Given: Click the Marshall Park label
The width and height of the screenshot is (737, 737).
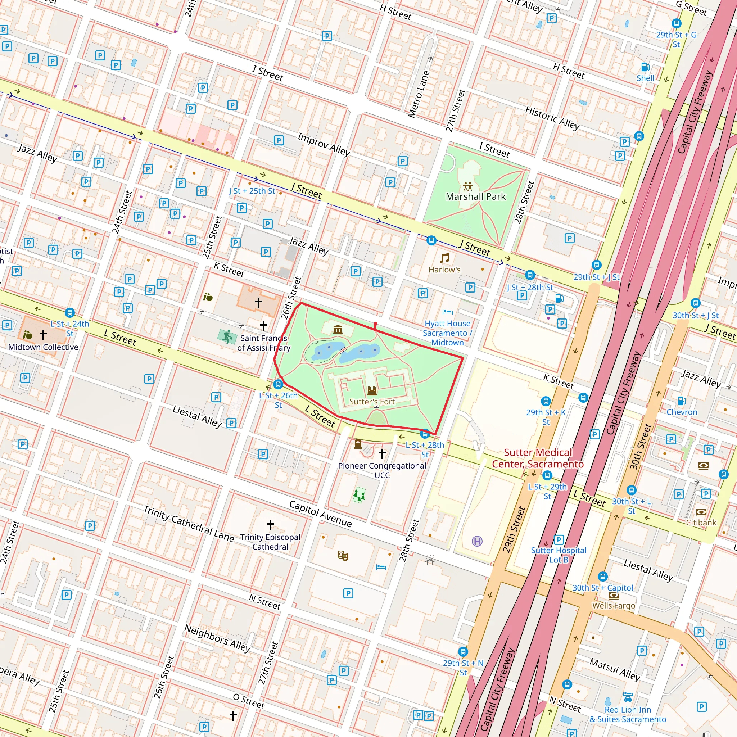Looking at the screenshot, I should [475, 196].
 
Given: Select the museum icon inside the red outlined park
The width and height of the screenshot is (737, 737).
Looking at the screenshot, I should [338, 329].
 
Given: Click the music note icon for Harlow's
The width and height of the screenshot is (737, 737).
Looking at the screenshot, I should [444, 258].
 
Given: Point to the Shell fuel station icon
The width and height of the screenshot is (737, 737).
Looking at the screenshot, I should [645, 67].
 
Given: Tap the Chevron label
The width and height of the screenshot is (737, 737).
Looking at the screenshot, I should [682, 412].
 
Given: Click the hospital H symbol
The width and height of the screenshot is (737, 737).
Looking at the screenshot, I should [477, 541].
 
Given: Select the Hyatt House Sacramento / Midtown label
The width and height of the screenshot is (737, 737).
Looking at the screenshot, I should [447, 333].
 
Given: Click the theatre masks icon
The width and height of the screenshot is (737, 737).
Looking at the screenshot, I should [343, 556].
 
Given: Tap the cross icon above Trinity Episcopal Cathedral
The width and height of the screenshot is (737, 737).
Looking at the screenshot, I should [270, 525].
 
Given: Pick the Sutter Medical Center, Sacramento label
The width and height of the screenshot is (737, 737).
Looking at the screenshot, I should [538, 458].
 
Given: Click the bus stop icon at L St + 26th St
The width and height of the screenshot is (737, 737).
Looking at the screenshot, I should [278, 384].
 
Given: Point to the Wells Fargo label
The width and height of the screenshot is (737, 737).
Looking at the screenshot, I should [614, 605].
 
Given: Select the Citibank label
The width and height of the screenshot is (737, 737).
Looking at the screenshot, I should [701, 523].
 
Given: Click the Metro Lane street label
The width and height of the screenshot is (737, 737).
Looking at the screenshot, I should [419, 94].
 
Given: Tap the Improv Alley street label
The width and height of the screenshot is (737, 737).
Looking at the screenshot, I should [324, 144].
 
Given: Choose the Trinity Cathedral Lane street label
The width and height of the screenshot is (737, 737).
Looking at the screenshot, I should [189, 523].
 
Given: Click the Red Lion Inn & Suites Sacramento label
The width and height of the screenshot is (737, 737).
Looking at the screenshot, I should [628, 714].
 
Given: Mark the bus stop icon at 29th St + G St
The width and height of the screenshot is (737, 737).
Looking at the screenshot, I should [676, 23].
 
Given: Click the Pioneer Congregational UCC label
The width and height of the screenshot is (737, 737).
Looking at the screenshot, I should [382, 470].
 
